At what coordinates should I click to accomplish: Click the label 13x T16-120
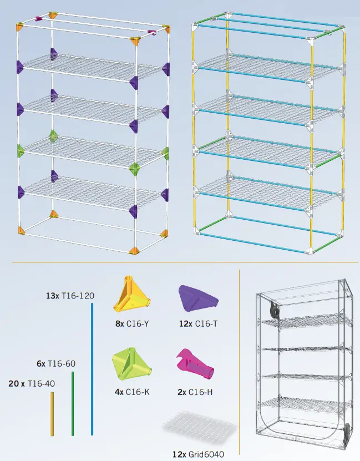click(x=70, y=296)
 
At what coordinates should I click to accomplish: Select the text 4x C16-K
click(x=132, y=392)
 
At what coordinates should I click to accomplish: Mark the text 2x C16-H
click(x=194, y=392)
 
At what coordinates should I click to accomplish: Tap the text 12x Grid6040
click(x=198, y=454)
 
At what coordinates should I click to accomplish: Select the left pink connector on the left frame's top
click(x=39, y=18)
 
